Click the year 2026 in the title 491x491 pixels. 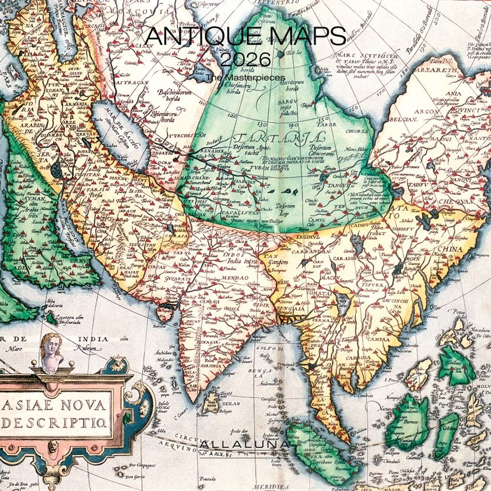tap(245, 59)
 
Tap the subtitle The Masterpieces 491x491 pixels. tap(236, 77)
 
